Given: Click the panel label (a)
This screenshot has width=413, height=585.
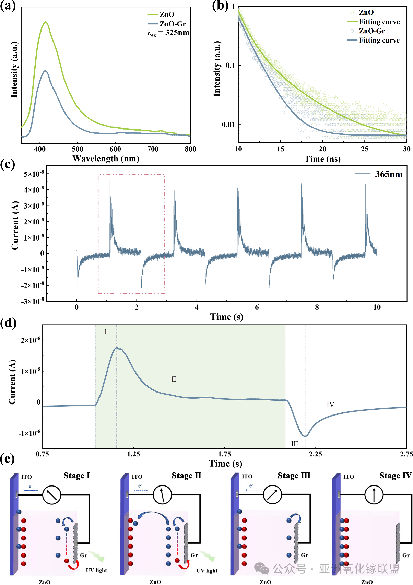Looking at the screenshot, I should tap(8, 6).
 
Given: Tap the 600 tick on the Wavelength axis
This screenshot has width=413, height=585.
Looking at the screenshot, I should tap(115, 149).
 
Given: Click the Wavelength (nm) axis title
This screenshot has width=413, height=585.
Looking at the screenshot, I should tap(106, 159).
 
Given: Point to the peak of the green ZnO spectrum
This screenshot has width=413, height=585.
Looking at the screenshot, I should tap(45, 22).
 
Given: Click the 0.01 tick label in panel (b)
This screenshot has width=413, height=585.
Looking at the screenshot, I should tap(228, 125).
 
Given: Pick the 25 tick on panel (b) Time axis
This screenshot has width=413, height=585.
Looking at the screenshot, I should tap(365, 149).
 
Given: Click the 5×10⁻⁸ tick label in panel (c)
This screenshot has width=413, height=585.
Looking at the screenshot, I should tap(34, 174).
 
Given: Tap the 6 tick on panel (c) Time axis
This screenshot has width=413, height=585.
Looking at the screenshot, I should tap(257, 307).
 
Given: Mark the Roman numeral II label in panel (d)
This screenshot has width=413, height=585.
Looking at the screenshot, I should tap(174, 379).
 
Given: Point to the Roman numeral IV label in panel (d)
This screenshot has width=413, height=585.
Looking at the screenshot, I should tap(330, 405).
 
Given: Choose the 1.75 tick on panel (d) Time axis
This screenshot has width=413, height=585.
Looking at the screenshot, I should tap(225, 454).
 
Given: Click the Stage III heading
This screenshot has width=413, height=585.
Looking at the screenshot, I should tap(294, 476).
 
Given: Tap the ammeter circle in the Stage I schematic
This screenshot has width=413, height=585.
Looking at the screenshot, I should tap(51, 495).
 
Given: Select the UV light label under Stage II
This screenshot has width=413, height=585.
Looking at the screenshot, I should tap(207, 570).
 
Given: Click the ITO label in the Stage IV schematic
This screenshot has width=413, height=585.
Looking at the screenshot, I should tap(349, 477).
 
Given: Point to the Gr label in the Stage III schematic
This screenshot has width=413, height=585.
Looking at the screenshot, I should tap(304, 555).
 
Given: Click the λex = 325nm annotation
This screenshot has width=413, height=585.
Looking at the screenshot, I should tap(168, 33).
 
